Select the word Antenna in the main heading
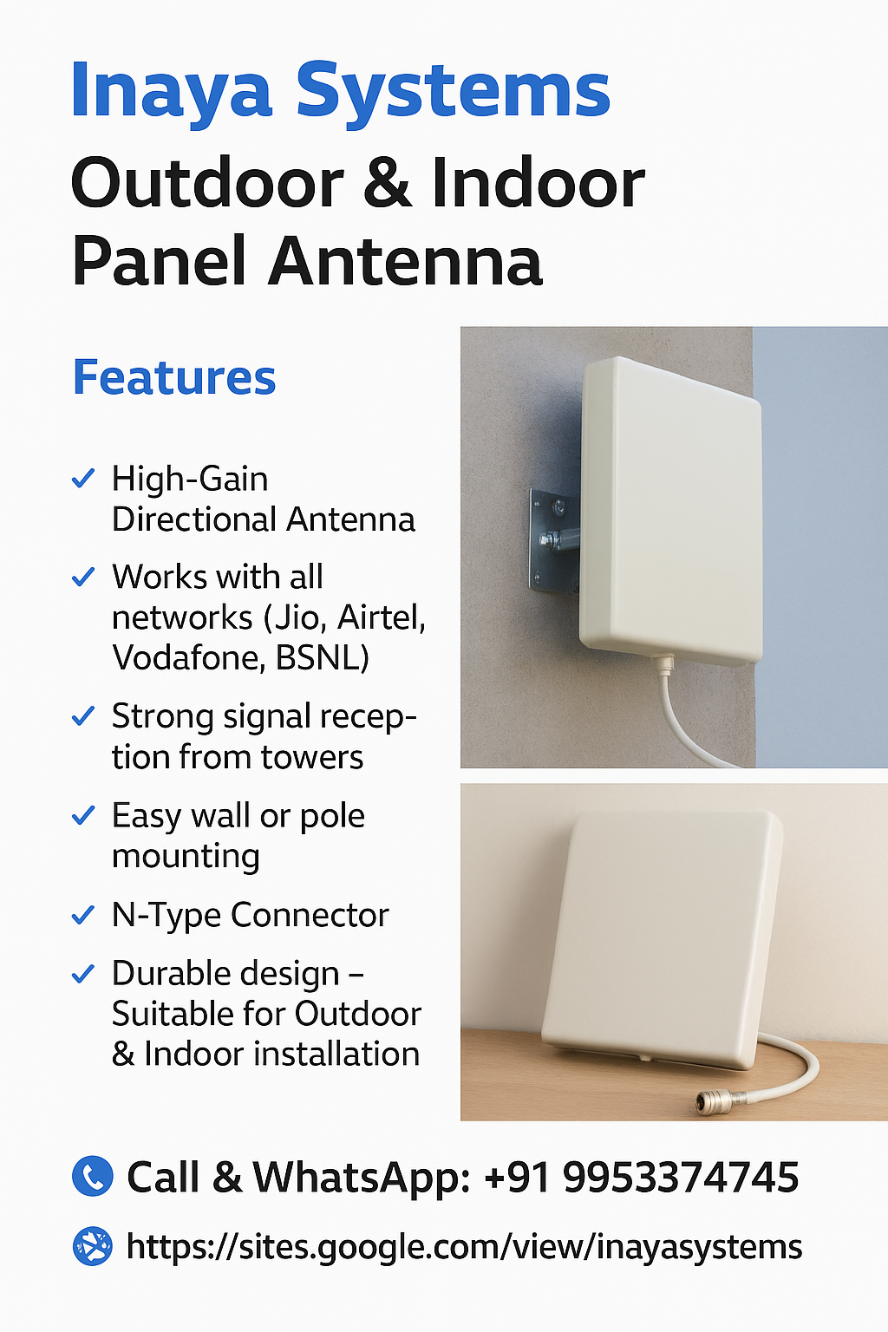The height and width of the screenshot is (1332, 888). (x=405, y=261)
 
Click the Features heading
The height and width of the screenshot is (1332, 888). (x=174, y=377)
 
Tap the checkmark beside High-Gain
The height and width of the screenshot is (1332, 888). (x=83, y=478)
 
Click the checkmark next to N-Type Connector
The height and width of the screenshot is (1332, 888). (x=83, y=915)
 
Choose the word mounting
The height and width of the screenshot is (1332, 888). (x=186, y=857)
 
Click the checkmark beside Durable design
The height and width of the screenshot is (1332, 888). (x=83, y=974)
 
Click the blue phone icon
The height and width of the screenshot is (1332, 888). (x=92, y=1176)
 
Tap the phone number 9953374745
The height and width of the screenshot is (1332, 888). (x=681, y=1177)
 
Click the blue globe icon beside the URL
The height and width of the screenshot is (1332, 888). (x=92, y=1246)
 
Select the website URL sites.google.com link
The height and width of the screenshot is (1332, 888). (x=464, y=1246)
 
